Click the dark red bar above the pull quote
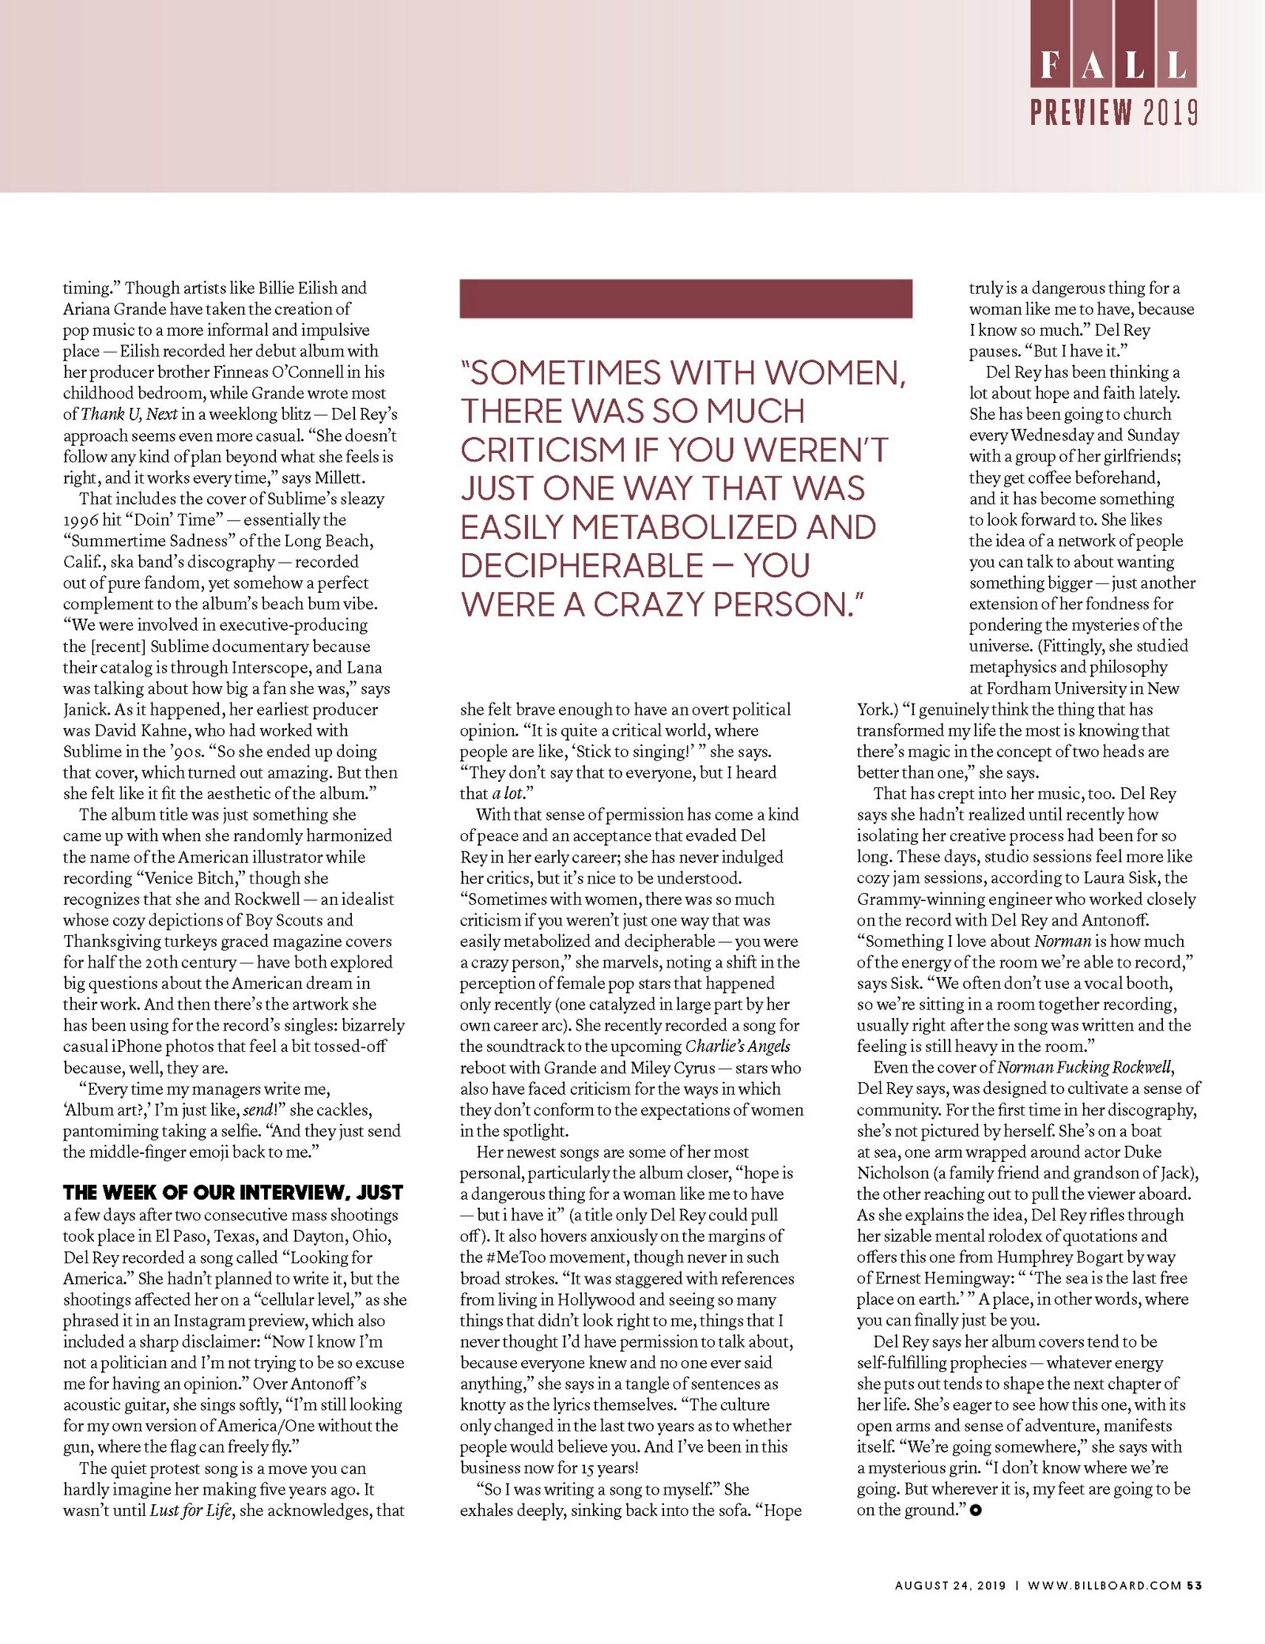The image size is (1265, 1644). click(685, 298)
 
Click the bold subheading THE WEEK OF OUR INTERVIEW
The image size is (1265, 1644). click(233, 1193)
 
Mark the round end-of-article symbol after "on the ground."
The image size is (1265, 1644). click(975, 1510)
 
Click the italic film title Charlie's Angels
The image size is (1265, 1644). click(737, 1046)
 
